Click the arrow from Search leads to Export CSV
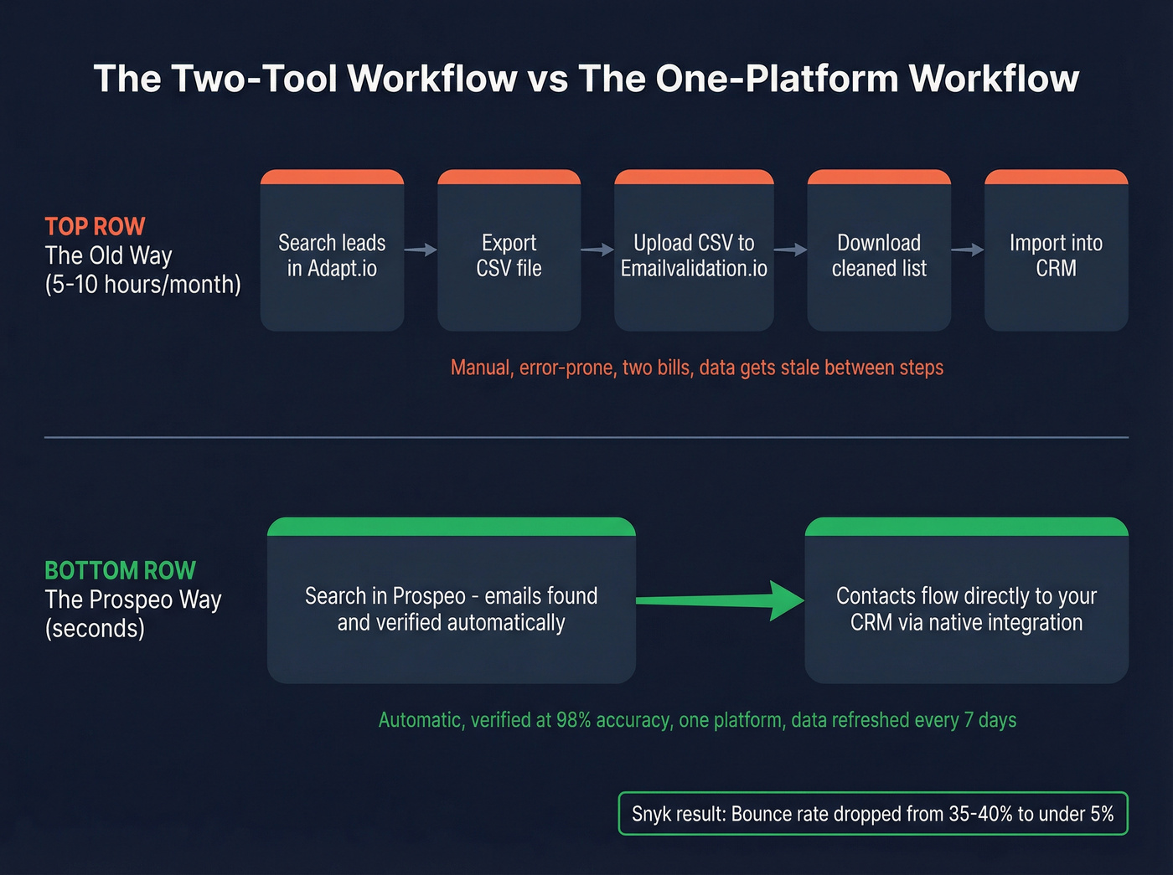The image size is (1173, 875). coord(421,250)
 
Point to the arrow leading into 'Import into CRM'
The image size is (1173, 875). coord(968,250)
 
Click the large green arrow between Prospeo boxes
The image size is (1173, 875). coord(721,600)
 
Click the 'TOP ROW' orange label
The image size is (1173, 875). coord(95,226)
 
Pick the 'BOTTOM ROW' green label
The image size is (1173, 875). coord(120,570)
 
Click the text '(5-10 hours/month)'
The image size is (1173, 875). coord(142,285)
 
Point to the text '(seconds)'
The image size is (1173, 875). coord(95,629)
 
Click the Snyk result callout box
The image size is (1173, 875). coord(873,814)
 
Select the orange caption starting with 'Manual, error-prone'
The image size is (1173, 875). coord(696,368)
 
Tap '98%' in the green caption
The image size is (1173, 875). coord(573,720)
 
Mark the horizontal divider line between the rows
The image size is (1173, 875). coord(586,437)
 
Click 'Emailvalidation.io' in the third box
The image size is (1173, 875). coord(694,269)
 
